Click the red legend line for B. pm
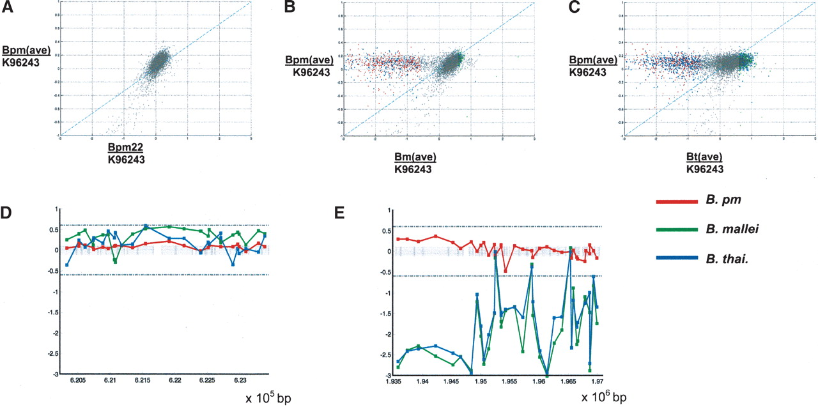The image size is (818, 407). point(676,202)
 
